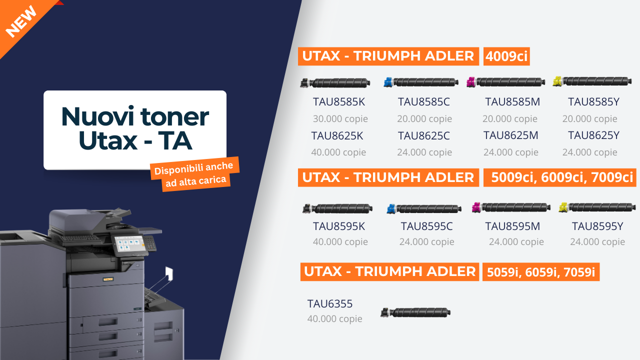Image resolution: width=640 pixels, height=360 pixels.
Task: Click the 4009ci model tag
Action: point(506,56)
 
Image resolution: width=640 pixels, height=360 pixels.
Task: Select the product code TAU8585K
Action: point(339,102)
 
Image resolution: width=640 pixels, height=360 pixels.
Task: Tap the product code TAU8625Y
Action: point(593,135)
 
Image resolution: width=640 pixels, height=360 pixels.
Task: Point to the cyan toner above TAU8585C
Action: point(421,82)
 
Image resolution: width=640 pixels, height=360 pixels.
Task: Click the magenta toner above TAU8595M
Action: point(511,207)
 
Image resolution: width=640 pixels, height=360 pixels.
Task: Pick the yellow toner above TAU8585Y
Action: point(592,81)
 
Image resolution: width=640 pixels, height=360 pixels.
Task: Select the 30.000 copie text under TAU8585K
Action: point(340,119)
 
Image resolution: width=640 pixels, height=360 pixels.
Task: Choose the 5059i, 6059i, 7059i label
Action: point(540,272)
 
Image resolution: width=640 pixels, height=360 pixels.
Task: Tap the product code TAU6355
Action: point(330,303)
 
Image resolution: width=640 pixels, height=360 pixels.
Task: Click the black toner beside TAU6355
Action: point(415,313)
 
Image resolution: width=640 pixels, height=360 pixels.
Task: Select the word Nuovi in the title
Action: point(96,116)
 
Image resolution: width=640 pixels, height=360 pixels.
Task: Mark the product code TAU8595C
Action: point(426,226)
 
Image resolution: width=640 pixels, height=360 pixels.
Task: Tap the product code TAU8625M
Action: point(510,135)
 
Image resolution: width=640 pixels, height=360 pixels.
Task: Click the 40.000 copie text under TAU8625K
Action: point(338,152)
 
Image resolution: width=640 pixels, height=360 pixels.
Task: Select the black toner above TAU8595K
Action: point(337,208)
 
